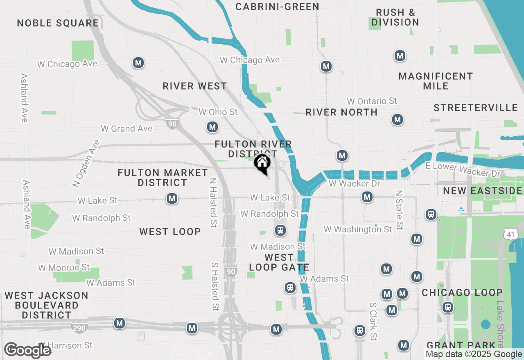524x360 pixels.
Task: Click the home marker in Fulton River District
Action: tap(262, 164)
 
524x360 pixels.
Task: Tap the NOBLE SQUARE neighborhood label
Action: tap(58, 23)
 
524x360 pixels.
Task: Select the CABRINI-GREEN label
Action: tap(277, 7)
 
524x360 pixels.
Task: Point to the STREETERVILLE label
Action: tap(476, 108)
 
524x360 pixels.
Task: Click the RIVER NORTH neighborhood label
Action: tap(341, 112)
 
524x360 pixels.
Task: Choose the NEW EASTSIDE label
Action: tap(483, 191)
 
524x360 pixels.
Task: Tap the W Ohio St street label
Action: tap(218, 112)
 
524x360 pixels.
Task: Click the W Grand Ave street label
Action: tap(126, 128)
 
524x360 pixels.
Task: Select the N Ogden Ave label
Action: tap(86, 164)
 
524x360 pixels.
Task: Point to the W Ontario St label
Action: tap(372, 101)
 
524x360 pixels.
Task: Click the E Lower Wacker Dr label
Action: tap(463, 170)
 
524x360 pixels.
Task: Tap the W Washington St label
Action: tap(358, 229)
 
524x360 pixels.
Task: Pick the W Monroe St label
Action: tap(64, 268)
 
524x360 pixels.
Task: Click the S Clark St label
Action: tap(373, 322)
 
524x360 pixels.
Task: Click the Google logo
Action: tap(27, 350)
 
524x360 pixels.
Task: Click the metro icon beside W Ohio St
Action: tap(212, 127)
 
